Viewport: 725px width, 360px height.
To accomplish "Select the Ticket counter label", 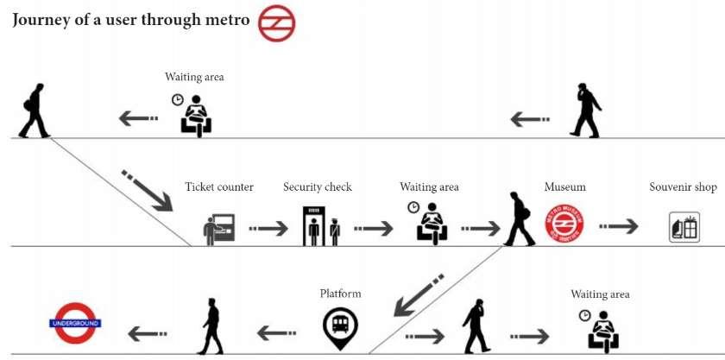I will click(219, 187).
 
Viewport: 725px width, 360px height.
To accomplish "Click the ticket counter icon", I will click(218, 228).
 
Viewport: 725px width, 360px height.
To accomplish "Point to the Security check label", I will click(318, 187).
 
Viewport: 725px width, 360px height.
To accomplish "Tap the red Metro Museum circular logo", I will click(564, 223).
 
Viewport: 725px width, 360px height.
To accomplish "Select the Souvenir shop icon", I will click(684, 226).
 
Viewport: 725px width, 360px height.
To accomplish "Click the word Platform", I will click(340, 294).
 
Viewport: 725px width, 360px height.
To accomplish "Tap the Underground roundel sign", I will click(75, 323).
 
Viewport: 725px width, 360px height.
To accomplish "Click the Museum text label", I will click(565, 187).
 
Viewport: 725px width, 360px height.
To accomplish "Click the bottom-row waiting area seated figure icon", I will click(601, 330).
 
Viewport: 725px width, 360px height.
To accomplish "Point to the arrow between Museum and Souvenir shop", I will click(619, 226).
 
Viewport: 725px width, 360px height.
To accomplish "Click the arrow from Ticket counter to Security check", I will click(268, 228).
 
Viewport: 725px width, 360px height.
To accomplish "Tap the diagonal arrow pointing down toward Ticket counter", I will click(145, 191).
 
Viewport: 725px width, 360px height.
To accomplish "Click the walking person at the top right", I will click(586, 110).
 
